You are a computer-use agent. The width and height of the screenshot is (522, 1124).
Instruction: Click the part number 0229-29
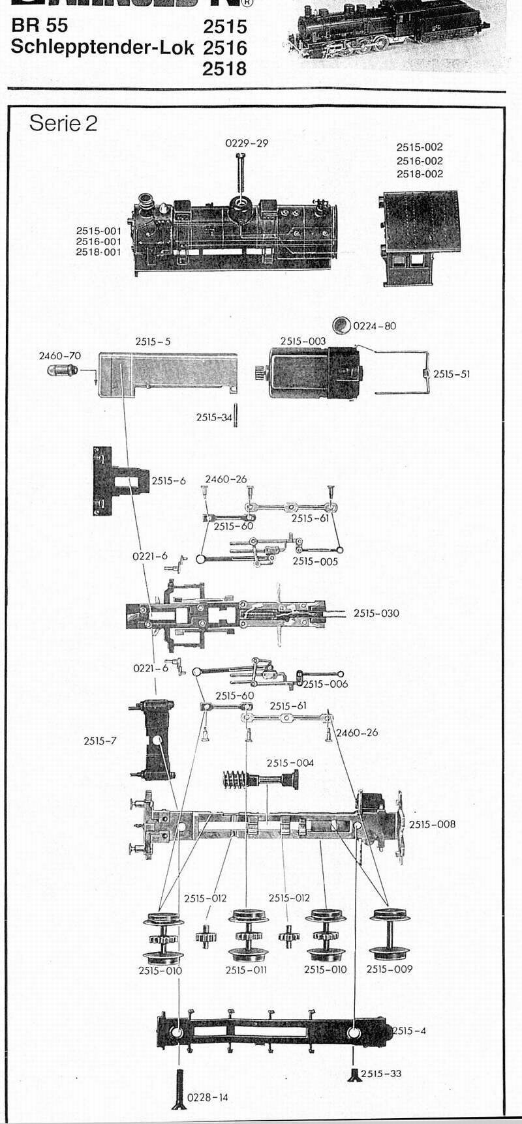point(247,143)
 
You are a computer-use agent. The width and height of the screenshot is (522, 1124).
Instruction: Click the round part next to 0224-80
point(341,325)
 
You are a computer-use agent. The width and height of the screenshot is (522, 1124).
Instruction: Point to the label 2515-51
point(451,374)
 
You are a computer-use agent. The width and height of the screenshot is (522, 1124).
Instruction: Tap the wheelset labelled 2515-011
point(246,936)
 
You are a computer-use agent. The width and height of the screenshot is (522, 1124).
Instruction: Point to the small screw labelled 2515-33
point(354,1074)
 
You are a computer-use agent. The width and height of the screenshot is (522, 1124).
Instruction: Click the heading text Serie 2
point(63,123)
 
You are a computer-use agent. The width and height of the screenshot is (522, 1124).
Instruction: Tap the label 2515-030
point(376,613)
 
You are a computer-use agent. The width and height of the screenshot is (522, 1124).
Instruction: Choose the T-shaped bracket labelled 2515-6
point(117,481)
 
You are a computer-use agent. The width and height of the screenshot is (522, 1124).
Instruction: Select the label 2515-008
point(432,824)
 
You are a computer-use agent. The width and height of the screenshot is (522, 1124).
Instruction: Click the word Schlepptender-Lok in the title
point(102,47)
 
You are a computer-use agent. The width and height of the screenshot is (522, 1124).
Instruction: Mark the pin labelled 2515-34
point(236,415)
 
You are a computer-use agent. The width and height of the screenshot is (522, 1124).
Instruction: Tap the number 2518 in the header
point(224,68)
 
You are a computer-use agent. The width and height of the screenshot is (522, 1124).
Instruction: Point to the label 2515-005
point(315,561)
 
